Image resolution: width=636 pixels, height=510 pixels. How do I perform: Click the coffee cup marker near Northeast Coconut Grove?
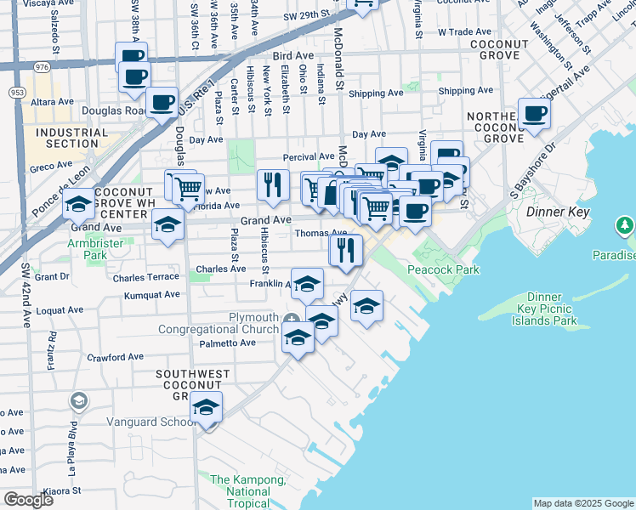(x=534, y=114)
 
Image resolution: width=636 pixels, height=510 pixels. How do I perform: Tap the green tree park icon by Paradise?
(x=625, y=226)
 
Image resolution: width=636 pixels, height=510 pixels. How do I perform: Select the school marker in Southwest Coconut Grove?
(x=206, y=410)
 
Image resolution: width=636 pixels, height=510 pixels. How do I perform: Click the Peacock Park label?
(x=442, y=270)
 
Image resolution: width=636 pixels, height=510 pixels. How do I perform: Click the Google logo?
(x=28, y=499)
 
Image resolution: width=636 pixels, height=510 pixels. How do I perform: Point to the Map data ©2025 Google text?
(x=583, y=503)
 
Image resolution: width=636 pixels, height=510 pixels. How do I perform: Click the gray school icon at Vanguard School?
(x=78, y=399)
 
